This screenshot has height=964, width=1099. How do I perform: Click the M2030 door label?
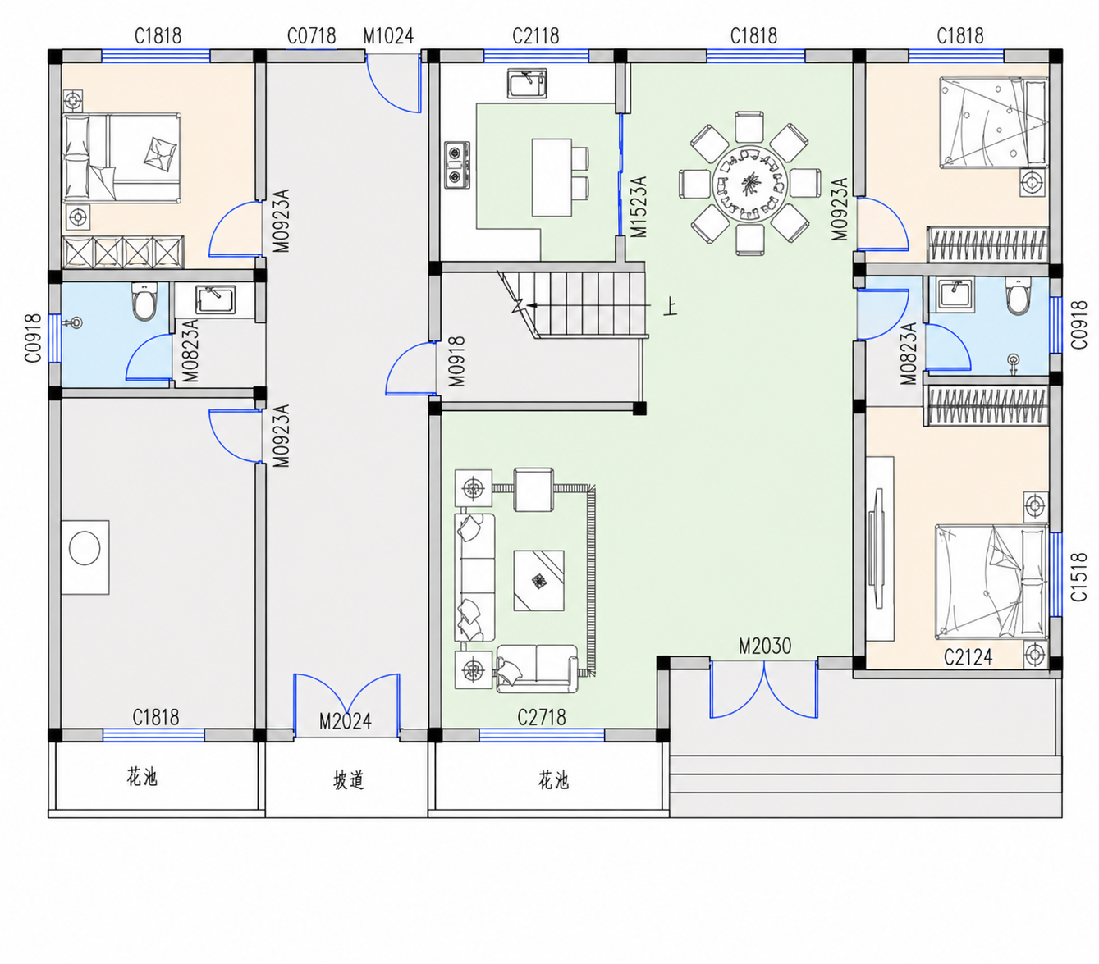765,646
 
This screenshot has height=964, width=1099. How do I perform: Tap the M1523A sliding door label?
639,207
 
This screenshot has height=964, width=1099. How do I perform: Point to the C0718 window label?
311,36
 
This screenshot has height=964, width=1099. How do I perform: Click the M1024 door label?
388,36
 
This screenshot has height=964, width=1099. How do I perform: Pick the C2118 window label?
536,36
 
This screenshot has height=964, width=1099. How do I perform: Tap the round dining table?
749,183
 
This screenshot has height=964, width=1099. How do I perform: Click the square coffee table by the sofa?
538,581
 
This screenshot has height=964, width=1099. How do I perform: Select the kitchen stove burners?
456,165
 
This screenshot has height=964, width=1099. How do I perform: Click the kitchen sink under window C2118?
526,84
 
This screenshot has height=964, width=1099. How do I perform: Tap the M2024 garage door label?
346,721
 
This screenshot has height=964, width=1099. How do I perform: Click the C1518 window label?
1079,577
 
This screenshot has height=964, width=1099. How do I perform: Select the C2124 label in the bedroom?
968,657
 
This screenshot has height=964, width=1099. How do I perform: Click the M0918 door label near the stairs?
457,362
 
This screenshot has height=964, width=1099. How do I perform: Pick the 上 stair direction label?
671,308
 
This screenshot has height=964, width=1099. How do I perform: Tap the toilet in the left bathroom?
144,301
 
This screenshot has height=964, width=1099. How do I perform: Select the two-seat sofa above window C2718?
537,669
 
